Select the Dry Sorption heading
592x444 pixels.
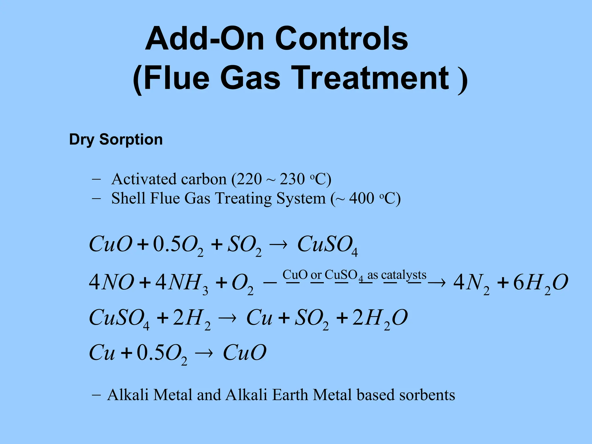(x=116, y=140)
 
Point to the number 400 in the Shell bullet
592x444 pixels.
(x=362, y=199)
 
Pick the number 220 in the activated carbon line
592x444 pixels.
(x=249, y=179)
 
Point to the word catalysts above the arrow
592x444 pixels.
(x=404, y=275)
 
